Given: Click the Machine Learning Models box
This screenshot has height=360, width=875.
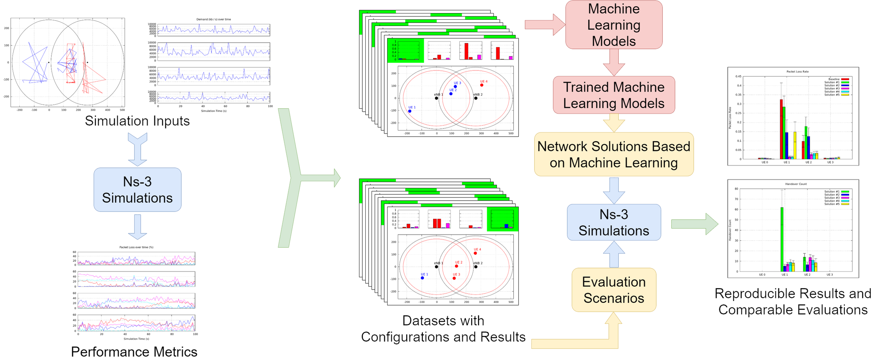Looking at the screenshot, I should tap(614, 25).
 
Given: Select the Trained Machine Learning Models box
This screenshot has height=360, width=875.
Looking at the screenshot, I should tap(614, 95).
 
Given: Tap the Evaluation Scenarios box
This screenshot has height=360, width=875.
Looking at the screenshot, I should tap(614, 290).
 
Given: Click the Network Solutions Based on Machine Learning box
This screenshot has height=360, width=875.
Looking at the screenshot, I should tap(614, 154).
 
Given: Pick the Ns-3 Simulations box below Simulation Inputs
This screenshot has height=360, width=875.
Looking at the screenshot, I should tap(137, 190).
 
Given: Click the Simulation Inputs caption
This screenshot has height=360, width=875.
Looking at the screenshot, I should tap(137, 121).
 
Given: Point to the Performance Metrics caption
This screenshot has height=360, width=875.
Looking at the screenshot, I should tap(134, 352).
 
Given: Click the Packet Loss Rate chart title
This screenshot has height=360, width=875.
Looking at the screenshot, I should tap(797, 71).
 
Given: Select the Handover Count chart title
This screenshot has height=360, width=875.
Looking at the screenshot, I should tap(796, 184).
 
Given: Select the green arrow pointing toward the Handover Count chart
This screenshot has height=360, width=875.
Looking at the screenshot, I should tap(695, 224).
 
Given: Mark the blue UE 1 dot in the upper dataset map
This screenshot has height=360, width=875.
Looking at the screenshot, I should tap(410, 111).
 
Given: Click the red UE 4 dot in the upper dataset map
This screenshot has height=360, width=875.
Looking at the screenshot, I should tap(482, 85).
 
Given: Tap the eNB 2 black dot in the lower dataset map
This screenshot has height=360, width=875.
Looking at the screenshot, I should tap(475, 267).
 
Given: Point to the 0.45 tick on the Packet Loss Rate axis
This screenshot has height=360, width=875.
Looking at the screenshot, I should tap(738, 77).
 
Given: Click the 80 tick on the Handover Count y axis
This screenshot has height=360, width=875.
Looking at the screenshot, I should tap(736, 189).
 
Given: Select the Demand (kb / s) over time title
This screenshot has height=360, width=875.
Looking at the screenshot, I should tap(214, 19).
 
